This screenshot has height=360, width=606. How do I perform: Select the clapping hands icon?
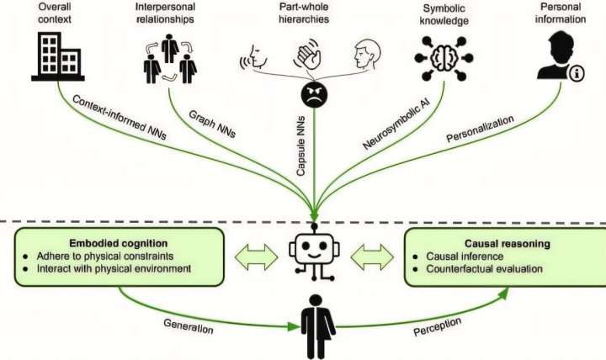coord(307,56)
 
